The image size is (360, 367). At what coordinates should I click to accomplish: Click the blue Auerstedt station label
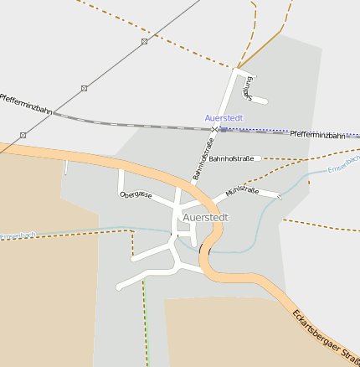224,118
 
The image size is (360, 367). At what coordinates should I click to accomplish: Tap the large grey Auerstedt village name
205,217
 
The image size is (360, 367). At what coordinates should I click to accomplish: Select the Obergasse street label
136,194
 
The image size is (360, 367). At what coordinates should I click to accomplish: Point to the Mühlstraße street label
242,191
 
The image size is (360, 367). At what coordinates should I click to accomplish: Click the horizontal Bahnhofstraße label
231,158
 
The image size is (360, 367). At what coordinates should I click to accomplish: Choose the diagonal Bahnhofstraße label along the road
204,158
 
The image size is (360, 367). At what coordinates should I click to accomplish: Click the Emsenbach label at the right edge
343,164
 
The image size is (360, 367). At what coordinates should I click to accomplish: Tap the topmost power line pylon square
144,41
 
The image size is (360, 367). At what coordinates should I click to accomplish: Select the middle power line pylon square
84,88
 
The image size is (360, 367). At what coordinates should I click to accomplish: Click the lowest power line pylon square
23,135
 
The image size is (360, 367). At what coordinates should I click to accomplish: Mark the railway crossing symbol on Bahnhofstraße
215,129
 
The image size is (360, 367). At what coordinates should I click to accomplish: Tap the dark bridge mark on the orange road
201,249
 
